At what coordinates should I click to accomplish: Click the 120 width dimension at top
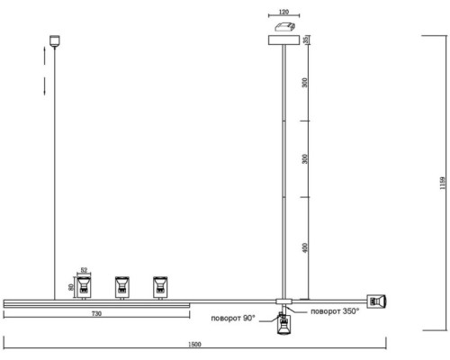(283, 12)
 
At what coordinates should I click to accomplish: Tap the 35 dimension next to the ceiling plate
(306, 40)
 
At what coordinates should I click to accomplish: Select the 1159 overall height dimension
(443, 183)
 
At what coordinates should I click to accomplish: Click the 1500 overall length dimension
(194, 344)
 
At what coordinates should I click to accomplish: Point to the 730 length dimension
(96, 313)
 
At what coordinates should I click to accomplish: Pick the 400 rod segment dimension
(305, 247)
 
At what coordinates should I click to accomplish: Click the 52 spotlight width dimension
(84, 270)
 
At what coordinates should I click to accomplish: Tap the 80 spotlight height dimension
(71, 287)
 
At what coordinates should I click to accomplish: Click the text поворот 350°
(335, 311)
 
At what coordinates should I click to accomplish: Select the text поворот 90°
(233, 318)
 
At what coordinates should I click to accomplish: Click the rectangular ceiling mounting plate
(283, 40)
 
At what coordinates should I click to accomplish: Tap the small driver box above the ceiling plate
(285, 27)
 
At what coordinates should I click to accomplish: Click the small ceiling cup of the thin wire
(55, 41)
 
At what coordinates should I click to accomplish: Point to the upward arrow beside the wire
(45, 56)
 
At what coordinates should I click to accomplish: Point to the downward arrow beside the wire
(45, 86)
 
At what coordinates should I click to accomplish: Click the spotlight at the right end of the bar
(377, 301)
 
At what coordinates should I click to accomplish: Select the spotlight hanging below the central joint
(283, 324)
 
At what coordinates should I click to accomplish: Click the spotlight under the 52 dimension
(84, 287)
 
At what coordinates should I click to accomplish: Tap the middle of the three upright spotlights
(122, 287)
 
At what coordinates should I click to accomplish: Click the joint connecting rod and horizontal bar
(283, 301)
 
